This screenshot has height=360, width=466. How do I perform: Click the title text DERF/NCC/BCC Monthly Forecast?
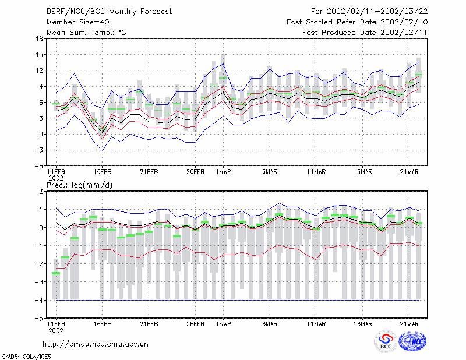click(x=109, y=12)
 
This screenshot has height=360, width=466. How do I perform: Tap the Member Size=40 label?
click(x=78, y=22)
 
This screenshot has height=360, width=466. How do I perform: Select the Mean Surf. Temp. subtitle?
click(x=86, y=33)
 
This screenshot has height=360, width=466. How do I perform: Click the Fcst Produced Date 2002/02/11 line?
click(x=365, y=33)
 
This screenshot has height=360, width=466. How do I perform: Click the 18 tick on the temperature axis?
click(x=39, y=38)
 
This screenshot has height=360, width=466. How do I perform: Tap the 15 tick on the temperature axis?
click(x=39, y=55)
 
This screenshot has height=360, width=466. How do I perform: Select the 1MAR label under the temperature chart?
click(x=224, y=172)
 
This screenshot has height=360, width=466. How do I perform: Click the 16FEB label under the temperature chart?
click(x=103, y=172)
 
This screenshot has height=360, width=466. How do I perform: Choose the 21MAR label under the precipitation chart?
click(x=409, y=324)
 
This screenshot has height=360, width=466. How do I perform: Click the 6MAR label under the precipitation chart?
click(x=270, y=324)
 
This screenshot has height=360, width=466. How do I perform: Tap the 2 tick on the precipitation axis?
click(x=41, y=192)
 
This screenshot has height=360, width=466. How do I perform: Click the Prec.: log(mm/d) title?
click(x=79, y=185)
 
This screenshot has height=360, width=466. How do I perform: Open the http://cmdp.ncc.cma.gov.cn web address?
click(x=96, y=344)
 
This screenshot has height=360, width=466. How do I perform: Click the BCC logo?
click(x=386, y=341)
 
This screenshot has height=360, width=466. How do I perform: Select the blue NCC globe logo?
click(x=412, y=341)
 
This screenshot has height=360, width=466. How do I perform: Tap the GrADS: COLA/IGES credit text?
click(x=26, y=357)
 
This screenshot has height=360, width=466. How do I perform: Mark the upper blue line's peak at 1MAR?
click(x=224, y=63)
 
